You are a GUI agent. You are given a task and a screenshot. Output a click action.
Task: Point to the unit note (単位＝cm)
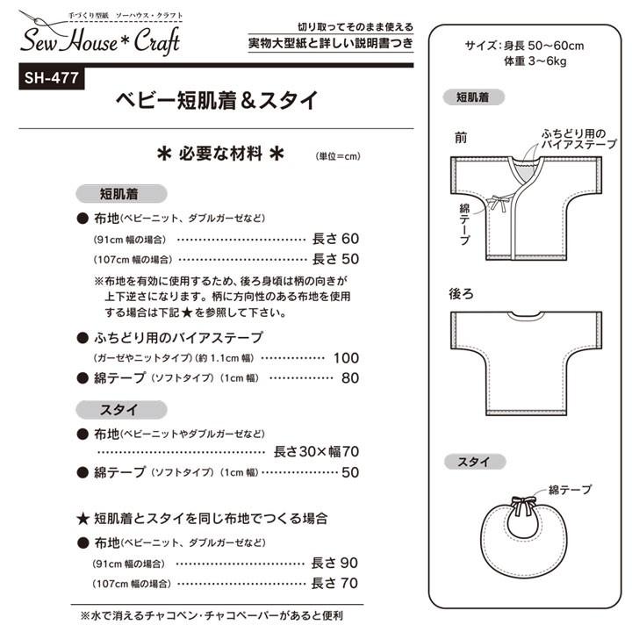pos(339,156)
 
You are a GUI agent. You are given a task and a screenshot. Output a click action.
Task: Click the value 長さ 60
pos(336,238)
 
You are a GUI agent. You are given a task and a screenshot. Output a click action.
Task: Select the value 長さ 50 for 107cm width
pos(336,259)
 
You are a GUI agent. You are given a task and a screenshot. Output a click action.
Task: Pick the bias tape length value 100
pos(347,357)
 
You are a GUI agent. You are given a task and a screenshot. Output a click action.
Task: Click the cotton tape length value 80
pos(350,378)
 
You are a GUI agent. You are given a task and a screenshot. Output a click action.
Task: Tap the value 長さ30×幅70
pos(317,451)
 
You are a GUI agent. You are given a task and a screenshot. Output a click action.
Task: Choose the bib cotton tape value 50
pos(350,472)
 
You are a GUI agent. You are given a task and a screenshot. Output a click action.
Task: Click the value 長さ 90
pos(336,562)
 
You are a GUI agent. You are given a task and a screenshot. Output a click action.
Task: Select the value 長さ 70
pos(336,583)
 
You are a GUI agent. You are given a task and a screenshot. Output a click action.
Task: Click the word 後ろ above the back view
pos(463,294)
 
